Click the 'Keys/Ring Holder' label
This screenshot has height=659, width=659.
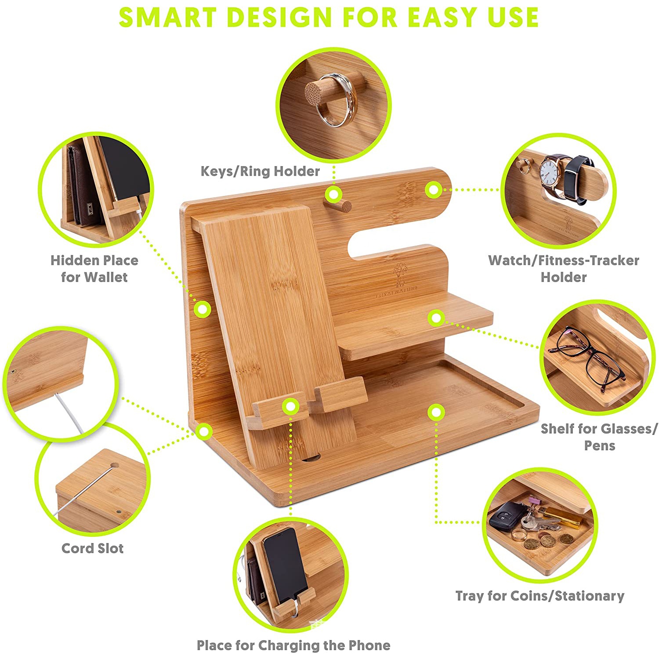coord(260,171)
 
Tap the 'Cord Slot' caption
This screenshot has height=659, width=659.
coord(92,548)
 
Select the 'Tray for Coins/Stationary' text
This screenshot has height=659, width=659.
coord(540,596)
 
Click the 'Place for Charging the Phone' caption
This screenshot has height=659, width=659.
coord(293,645)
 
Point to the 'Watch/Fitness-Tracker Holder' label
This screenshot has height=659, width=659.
coord(564,268)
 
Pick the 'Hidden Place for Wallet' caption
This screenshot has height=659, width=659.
coord(94,268)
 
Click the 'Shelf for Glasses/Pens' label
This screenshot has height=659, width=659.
coord(599,437)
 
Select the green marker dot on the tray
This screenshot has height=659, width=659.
coord(436,412)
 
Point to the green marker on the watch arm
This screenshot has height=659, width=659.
coord(433,190)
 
